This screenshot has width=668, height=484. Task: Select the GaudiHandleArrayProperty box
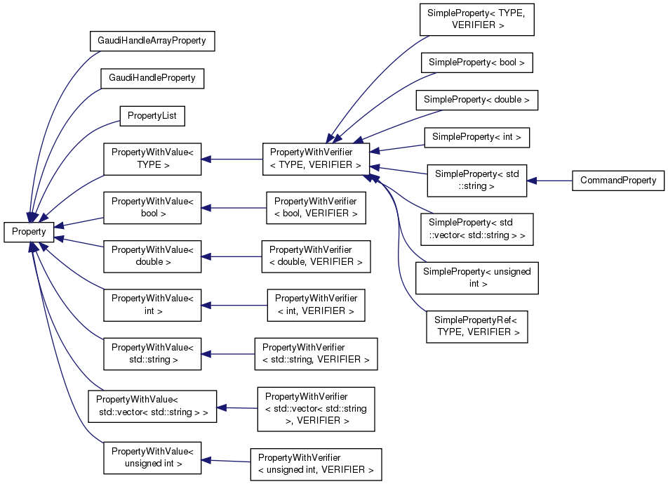pos(152,41)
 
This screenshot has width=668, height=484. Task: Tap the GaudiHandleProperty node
pos(152,77)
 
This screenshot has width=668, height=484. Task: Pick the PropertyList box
pos(152,115)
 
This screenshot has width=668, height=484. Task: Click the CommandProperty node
pos(617,181)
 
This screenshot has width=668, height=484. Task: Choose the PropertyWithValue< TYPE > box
pos(152,159)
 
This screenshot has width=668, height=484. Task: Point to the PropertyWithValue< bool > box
pos(152,207)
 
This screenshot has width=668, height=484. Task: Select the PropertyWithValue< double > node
pos(152,256)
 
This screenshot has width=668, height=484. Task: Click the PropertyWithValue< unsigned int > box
pos(152,457)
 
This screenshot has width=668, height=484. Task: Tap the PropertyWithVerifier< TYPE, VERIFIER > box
pos(316,159)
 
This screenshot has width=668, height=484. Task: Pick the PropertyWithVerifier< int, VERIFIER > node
pos(316,304)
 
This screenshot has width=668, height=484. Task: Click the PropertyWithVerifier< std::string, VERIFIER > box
pos(316,353)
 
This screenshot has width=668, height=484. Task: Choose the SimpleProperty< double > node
pos(476,100)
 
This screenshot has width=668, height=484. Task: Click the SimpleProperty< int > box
pos(476,137)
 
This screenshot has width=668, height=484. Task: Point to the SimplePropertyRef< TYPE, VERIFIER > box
pos(476,325)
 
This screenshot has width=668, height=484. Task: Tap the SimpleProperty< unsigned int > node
pos(476,277)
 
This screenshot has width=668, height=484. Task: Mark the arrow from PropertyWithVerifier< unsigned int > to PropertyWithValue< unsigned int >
pos(226,461)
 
